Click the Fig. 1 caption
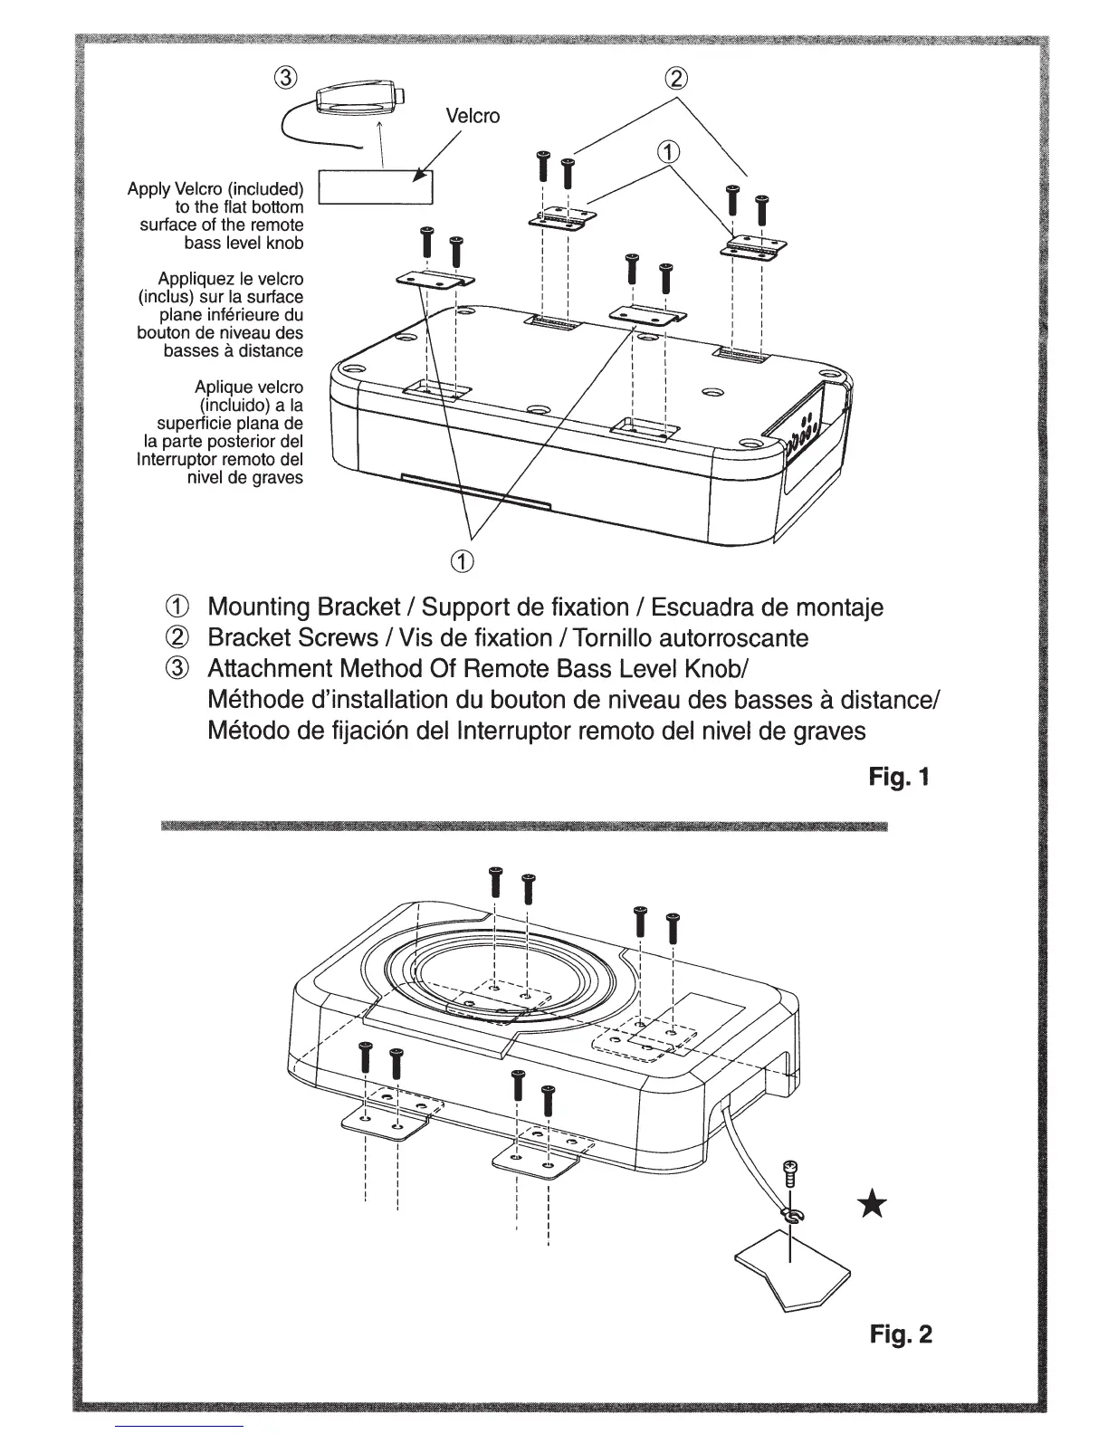click(x=898, y=777)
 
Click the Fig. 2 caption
click(x=900, y=1334)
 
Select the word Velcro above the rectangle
click(x=473, y=116)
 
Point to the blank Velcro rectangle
click(x=376, y=186)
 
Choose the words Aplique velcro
click(x=249, y=387)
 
